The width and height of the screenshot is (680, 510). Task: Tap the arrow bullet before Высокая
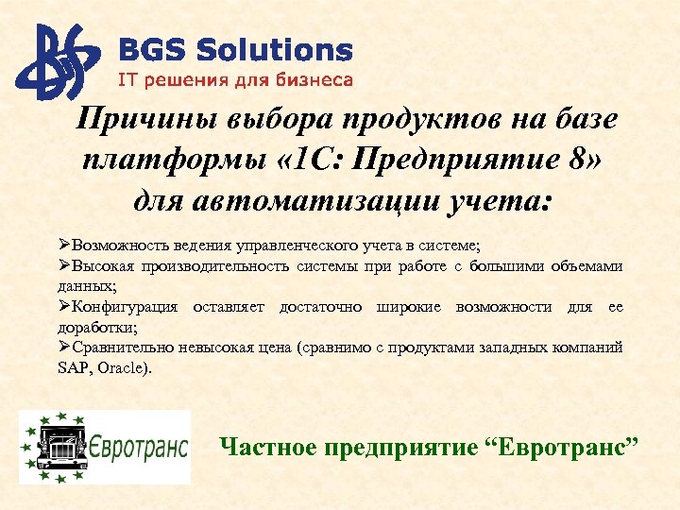(x=64, y=266)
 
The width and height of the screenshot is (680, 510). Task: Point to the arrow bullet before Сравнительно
(x=64, y=348)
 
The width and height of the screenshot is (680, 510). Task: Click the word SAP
(x=73, y=367)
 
